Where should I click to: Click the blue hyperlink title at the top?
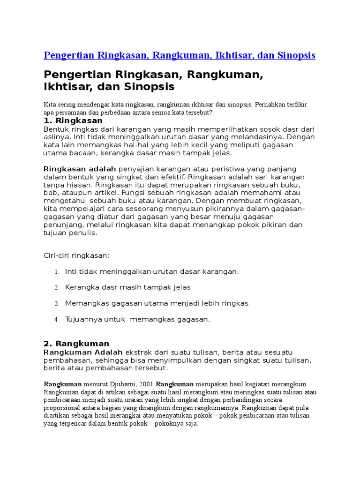point(179,55)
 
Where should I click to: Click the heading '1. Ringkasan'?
point(73,120)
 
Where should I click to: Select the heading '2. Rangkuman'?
point(76,344)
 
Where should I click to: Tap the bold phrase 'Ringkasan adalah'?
point(80,169)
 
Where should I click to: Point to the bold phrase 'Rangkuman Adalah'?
point(83,352)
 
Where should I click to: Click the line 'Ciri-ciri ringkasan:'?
point(76,255)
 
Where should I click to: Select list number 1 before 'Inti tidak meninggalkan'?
point(56,272)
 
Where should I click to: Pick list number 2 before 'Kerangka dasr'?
point(56,288)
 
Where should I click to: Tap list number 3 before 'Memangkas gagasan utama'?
point(56,304)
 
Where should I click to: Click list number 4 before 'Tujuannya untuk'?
point(56,320)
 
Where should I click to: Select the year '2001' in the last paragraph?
point(147,384)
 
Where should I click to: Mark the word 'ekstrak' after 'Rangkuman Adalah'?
point(139,352)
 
